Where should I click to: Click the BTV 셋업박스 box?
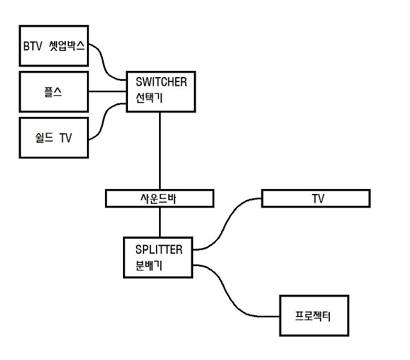point(54,45)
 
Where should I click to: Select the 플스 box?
point(54,92)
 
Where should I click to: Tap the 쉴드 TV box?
point(54,138)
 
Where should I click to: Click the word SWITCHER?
point(161,81)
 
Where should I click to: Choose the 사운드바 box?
point(160,198)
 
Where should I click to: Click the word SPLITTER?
point(159,250)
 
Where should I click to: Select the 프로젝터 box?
point(313,316)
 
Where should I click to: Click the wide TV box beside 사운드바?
point(316,198)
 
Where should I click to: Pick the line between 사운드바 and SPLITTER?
point(160,222)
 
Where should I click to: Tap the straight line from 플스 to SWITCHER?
point(107,92)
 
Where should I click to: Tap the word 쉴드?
point(43,138)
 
